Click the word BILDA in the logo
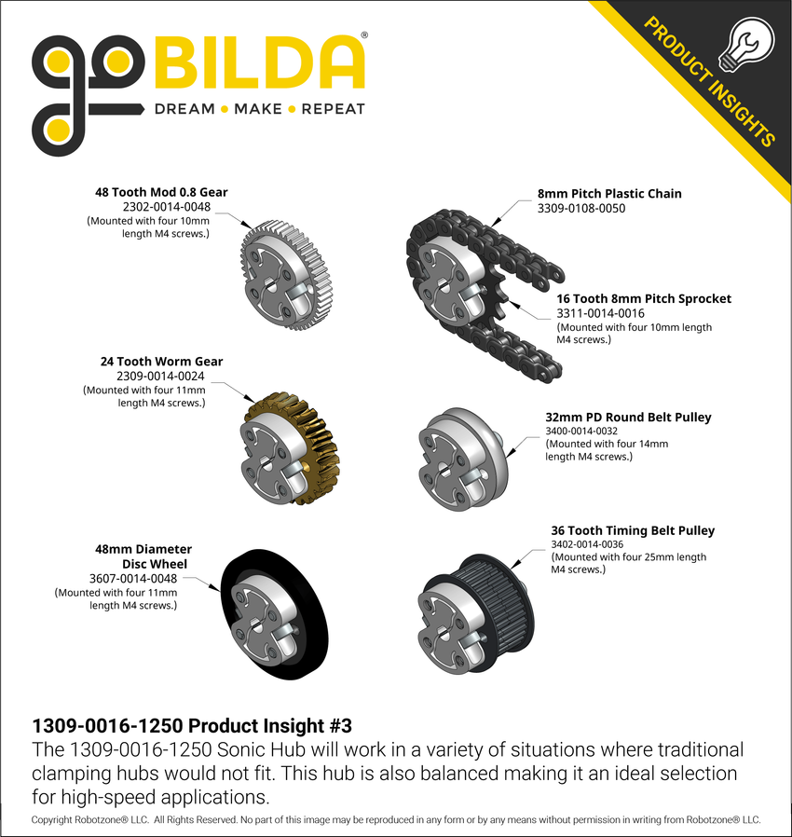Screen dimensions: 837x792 [258, 63]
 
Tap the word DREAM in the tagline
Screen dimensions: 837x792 [184, 109]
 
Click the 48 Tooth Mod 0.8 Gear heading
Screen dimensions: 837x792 [161, 193]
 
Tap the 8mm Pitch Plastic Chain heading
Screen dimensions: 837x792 [609, 194]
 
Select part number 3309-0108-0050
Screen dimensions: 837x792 [580, 209]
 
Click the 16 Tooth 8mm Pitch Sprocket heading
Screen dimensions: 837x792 [644, 298]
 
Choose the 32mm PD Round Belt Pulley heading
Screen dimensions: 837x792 [628, 417]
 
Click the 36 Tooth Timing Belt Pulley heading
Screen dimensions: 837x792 [633, 530]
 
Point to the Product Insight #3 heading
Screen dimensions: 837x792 [193, 725]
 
